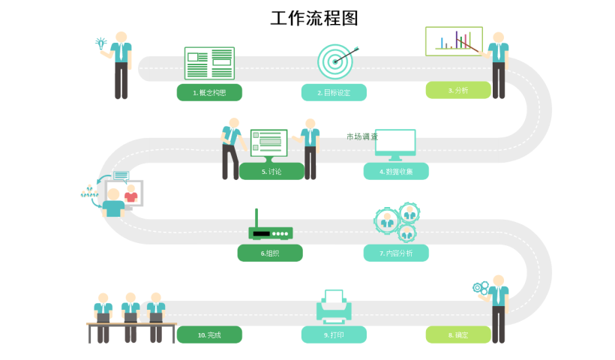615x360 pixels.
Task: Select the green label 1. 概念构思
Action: click(x=209, y=92)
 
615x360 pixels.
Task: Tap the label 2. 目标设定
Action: click(x=334, y=92)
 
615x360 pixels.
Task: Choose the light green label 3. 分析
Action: click(x=458, y=90)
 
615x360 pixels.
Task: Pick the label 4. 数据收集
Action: click(x=396, y=171)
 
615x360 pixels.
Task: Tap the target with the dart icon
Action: click(x=335, y=61)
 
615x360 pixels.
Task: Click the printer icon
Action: click(x=334, y=306)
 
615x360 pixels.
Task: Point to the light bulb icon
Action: click(x=100, y=43)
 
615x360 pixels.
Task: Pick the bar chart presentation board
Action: click(x=453, y=40)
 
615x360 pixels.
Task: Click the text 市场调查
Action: click(x=362, y=136)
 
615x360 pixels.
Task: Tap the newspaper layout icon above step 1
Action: click(x=209, y=63)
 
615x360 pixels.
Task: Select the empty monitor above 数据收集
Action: click(x=395, y=144)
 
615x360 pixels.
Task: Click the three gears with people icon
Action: click(x=397, y=222)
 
